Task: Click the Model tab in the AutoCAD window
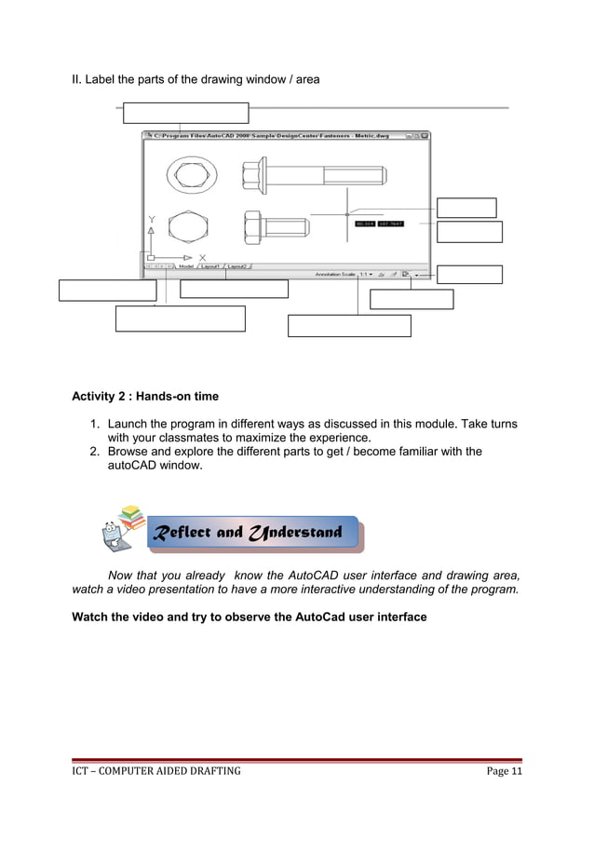(185, 265)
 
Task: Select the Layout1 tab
(210, 265)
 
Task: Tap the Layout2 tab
(238, 265)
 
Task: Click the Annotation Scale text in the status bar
(335, 275)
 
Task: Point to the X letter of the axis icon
(202, 257)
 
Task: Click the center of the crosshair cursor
(347, 214)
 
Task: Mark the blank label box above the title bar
(186, 113)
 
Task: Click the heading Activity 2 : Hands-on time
(145, 397)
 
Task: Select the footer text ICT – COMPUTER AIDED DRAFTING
(156, 771)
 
